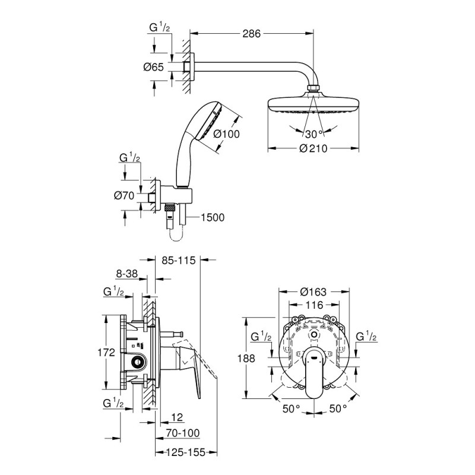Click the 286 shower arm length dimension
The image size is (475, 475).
(x=252, y=34)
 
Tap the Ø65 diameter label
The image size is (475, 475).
(x=153, y=67)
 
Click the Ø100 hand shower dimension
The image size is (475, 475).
(x=226, y=134)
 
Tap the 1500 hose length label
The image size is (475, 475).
(x=213, y=217)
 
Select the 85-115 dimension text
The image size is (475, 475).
(x=178, y=259)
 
